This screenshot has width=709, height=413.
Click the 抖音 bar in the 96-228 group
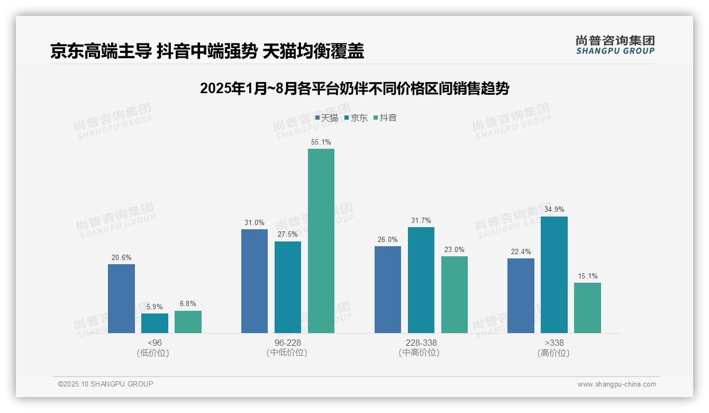tap(321, 241)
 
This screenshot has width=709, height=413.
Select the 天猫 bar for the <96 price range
tap(121, 299)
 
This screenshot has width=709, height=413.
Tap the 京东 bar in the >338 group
tap(554, 275)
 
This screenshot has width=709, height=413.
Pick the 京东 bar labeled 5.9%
tap(154, 323)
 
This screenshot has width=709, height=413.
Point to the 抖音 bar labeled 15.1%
tap(587, 308)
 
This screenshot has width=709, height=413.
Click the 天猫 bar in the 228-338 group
tap(388, 290)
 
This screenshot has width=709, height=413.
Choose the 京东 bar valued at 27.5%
tap(288, 287)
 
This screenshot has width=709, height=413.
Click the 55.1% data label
tap(321, 142)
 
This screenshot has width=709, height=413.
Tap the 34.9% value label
tap(554, 210)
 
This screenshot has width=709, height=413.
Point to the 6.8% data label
tap(188, 304)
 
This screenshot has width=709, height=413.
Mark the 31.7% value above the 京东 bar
tap(421, 221)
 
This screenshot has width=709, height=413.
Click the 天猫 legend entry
tap(326, 118)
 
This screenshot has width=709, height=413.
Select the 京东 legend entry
tap(356, 118)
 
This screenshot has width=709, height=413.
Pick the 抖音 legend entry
tap(385, 118)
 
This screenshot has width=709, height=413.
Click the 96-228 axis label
tap(288, 343)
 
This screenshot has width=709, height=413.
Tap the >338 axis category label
tap(554, 343)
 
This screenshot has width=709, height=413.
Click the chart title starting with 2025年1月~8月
tap(355, 89)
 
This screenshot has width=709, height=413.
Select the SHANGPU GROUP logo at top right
tap(615, 45)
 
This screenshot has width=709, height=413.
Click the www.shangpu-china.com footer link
tap(616, 384)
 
